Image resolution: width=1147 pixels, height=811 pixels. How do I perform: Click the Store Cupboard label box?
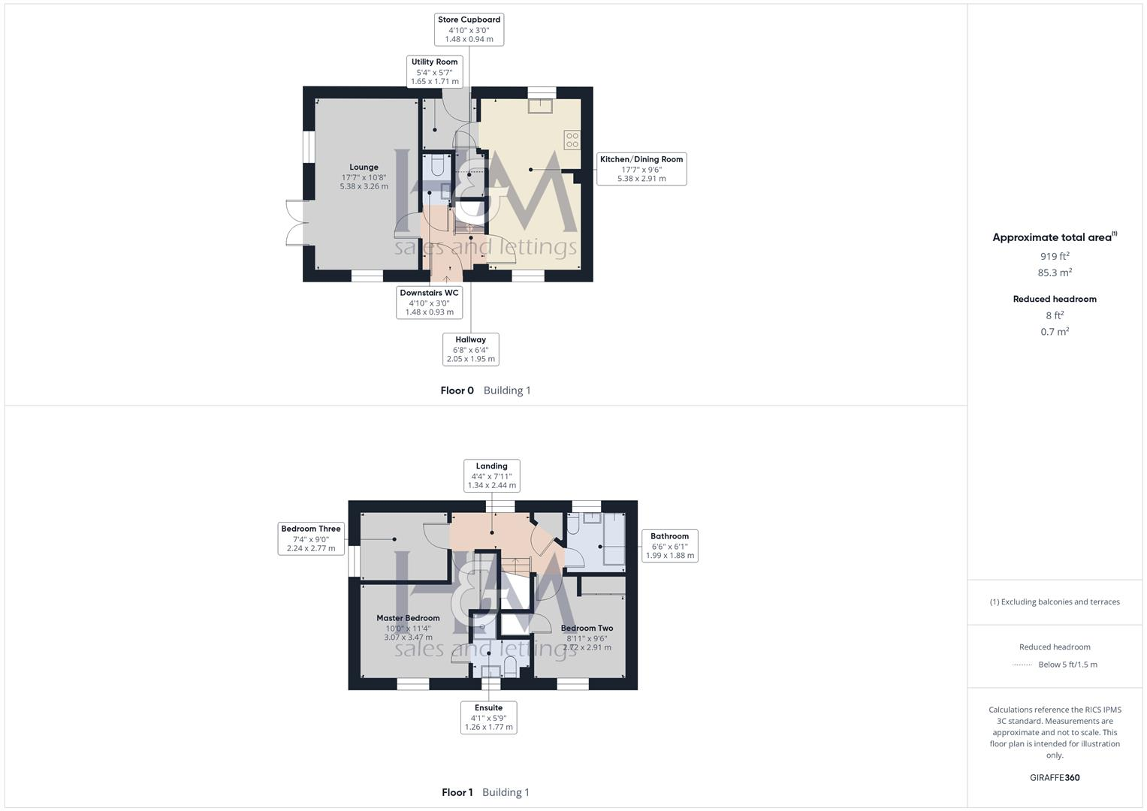pos(469,29)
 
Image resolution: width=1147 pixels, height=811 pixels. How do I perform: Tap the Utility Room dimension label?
pos(434,72)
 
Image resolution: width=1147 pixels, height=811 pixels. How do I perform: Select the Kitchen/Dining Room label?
pos(641,169)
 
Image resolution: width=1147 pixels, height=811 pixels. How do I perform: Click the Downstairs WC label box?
pos(429,303)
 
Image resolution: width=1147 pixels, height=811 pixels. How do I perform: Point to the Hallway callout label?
pos(470,349)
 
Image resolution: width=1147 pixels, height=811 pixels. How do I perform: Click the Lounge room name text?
pos(364,167)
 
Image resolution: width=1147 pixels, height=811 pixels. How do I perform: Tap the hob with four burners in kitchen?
pos(572,140)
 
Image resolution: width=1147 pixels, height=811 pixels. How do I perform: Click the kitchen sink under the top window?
pos(540,105)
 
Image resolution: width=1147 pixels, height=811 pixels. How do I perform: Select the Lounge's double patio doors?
pos(297,223)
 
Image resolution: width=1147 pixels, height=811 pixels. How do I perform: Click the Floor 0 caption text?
pos(457,390)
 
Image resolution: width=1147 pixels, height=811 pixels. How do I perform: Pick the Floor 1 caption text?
pos(457,792)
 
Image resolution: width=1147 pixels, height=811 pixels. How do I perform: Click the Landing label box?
pos(491,475)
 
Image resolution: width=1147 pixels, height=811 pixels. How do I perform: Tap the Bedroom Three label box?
pos(311,538)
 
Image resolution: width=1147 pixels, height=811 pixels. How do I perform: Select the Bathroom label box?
pos(669,546)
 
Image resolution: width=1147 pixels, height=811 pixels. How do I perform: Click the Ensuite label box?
pos(488,717)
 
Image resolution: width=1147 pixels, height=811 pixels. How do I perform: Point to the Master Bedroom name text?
pos(408,618)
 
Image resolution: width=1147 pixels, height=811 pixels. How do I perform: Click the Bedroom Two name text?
pos(587,628)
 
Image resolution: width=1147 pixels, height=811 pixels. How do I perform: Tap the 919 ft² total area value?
pos(1055,256)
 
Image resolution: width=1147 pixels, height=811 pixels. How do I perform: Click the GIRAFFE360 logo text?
pos(1055,777)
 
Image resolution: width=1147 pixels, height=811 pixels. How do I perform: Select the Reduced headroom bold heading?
pos(1055,299)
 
